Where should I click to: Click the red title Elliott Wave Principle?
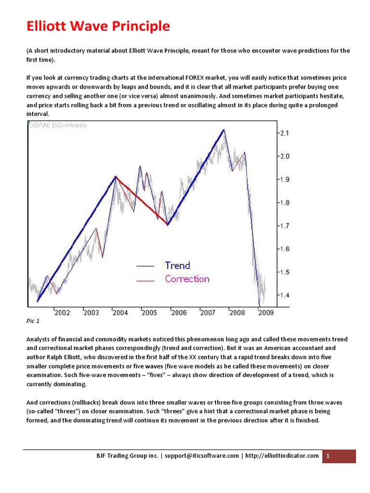tap(98, 26)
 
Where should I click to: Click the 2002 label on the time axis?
tap(62, 313)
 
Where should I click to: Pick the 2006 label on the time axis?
tap(179, 313)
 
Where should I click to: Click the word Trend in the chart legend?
tap(177, 265)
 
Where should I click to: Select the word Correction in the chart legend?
tap(187, 279)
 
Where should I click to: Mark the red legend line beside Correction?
tap(145, 280)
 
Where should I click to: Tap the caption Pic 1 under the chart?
tap(32, 321)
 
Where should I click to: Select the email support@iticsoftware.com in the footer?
tap(202, 456)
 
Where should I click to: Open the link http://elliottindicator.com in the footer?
tap(282, 456)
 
